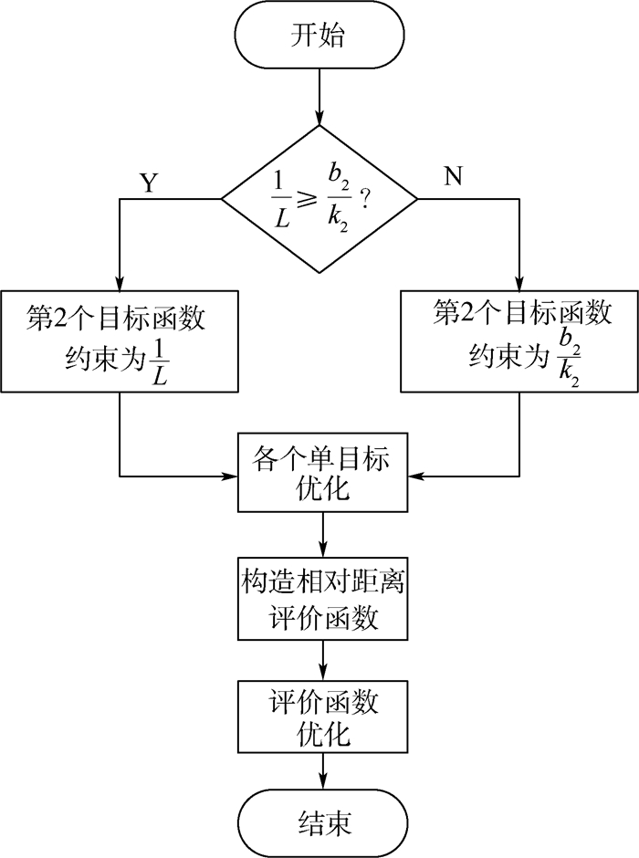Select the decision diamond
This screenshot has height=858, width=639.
tap(320, 198)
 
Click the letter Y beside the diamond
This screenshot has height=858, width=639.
tap(148, 183)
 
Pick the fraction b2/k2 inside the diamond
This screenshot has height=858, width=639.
tap(340, 198)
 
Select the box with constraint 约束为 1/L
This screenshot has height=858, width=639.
tap(120, 341)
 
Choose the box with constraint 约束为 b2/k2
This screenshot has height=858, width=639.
tap(519, 341)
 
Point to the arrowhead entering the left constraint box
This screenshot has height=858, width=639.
tap(120, 284)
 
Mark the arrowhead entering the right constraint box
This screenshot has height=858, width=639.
tap(519, 284)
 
